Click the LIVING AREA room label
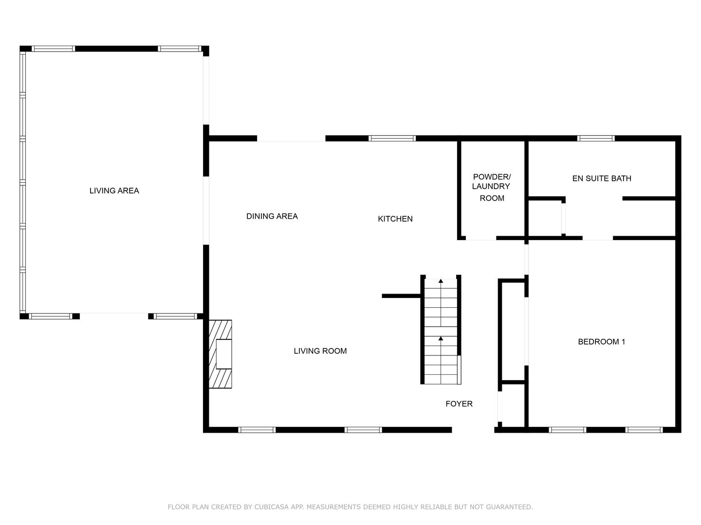coord(114,191)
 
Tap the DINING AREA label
coord(272,216)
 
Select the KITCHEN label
coord(395,219)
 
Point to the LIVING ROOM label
coord(320,351)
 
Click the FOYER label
coord(459,403)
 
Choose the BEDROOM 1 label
coord(601,342)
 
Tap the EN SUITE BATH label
coord(601,178)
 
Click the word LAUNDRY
coord(491,186)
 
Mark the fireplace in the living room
coord(221,354)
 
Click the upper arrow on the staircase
coord(441,281)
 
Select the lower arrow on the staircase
coord(441,339)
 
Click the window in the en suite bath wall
coord(595,139)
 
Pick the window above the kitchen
coord(392,139)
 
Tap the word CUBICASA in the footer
coord(271,507)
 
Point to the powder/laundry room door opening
coord(481,238)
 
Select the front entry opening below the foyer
coord(473,430)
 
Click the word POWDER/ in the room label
coord(492,176)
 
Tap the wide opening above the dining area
coord(291,139)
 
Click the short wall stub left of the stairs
coord(401,296)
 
